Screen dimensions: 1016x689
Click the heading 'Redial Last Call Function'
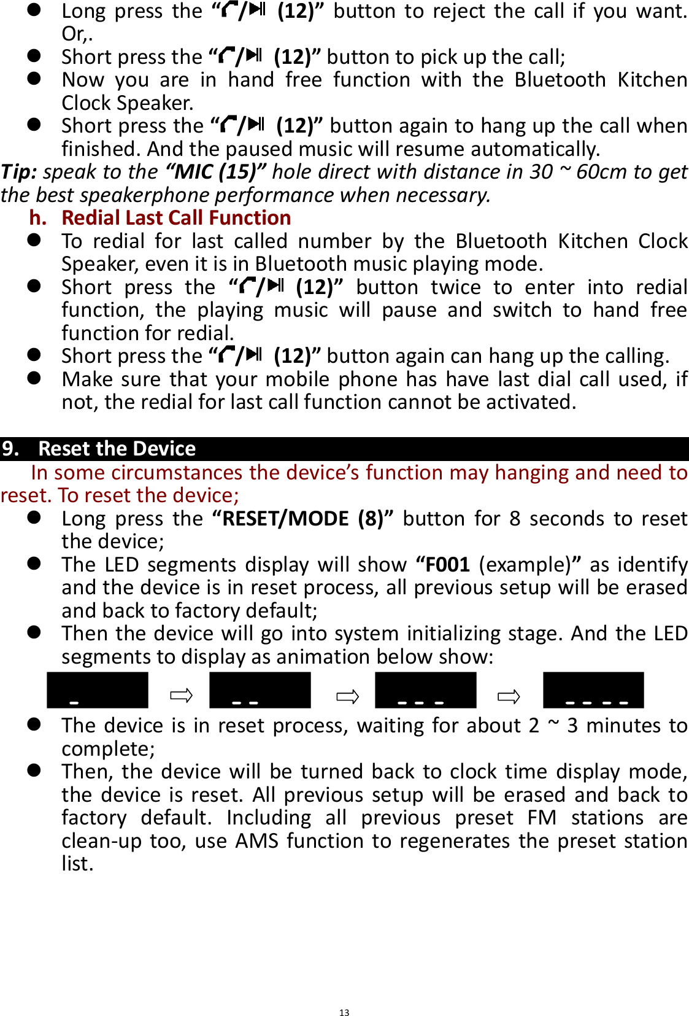pos(176,218)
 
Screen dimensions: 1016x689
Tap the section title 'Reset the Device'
pos(117,449)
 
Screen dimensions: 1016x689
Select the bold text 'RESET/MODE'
pos(286,519)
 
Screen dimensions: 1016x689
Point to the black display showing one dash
pos(98,691)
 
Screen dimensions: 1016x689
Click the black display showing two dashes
pos(260,691)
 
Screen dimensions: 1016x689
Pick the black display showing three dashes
pos(425,691)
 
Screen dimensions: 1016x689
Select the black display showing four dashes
pos(593,691)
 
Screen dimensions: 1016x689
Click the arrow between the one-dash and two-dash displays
pos(181,696)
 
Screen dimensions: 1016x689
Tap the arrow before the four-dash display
pos(509,696)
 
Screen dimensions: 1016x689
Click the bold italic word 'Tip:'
pos(19,172)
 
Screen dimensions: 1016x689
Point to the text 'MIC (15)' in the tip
pos(215,172)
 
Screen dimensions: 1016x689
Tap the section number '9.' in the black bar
pos(11,449)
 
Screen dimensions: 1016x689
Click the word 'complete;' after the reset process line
pos(108,749)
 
